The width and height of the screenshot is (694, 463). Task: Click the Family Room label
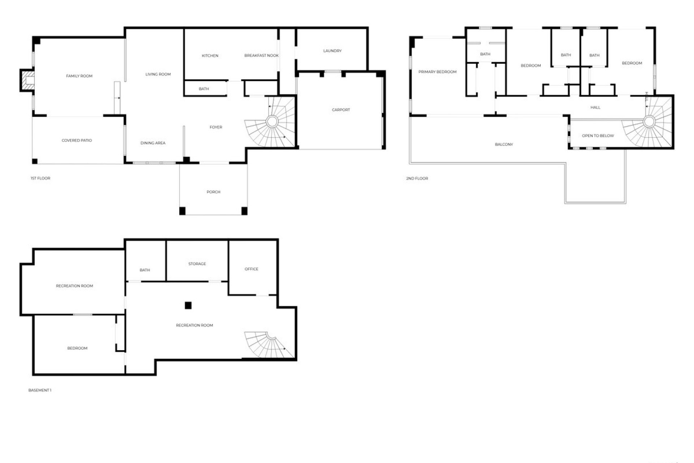pyautogui.click(x=79, y=76)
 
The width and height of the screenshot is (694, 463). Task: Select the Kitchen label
pyautogui.click(x=210, y=56)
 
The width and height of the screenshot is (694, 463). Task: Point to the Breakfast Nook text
pyautogui.click(x=261, y=55)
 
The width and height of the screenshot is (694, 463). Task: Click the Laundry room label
pyautogui.click(x=332, y=51)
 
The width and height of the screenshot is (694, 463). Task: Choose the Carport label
pyautogui.click(x=341, y=110)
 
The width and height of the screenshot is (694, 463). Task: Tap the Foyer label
pyautogui.click(x=216, y=127)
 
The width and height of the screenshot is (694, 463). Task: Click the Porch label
pyautogui.click(x=213, y=192)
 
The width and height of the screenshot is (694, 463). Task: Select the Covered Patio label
pyautogui.click(x=77, y=140)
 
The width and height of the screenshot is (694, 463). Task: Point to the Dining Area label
pyautogui.click(x=153, y=143)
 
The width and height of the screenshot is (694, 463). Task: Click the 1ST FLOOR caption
pyautogui.click(x=40, y=178)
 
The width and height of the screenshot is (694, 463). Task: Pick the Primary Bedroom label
pyautogui.click(x=437, y=72)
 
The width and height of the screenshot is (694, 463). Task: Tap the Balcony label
pyautogui.click(x=504, y=145)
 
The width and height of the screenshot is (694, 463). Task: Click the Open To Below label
pyautogui.click(x=598, y=136)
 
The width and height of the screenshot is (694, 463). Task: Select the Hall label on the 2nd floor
pyautogui.click(x=595, y=107)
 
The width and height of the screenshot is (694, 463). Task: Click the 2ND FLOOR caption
pyautogui.click(x=417, y=179)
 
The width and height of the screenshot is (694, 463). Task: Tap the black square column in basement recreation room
pyautogui.click(x=188, y=306)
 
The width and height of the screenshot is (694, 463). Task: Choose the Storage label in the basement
pyautogui.click(x=197, y=264)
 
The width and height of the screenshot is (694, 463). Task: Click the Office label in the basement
pyautogui.click(x=251, y=269)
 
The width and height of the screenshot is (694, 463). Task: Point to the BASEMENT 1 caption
pyautogui.click(x=40, y=390)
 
